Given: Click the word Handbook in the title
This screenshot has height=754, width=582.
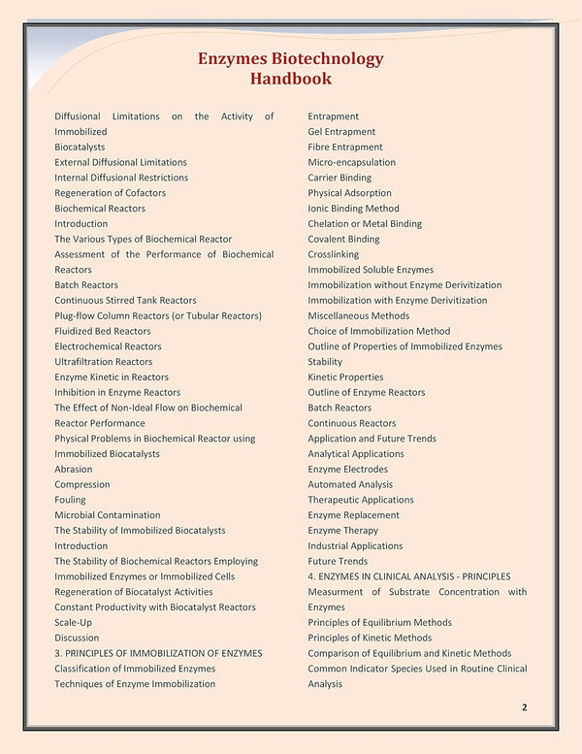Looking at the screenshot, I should tap(290, 79).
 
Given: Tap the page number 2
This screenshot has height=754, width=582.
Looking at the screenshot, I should tap(524, 707).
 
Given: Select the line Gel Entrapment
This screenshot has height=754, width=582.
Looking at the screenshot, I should tap(341, 132).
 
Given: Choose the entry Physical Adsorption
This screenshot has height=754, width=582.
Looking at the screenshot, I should tap(349, 193).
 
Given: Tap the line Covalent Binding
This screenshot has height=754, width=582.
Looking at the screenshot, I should tap(343, 239).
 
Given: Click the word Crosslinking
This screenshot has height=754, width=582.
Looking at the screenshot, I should tap(333, 254).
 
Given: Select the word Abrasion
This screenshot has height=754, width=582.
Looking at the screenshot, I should tap(74, 469).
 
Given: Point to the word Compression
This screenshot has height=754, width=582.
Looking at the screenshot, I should tap(82, 484).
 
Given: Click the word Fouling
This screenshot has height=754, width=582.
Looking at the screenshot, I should tap(70, 500).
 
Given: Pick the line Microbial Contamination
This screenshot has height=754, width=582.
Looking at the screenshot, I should tap(108, 515).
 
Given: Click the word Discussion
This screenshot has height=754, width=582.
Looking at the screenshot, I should tap(77, 638).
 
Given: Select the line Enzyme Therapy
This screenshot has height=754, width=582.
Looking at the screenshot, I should tap(342, 531).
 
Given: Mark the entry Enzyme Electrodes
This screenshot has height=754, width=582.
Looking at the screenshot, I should tap(347, 469).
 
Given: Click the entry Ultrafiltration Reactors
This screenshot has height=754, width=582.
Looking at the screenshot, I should tap(103, 362).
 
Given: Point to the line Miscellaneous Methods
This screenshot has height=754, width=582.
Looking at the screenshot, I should tap(358, 315).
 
